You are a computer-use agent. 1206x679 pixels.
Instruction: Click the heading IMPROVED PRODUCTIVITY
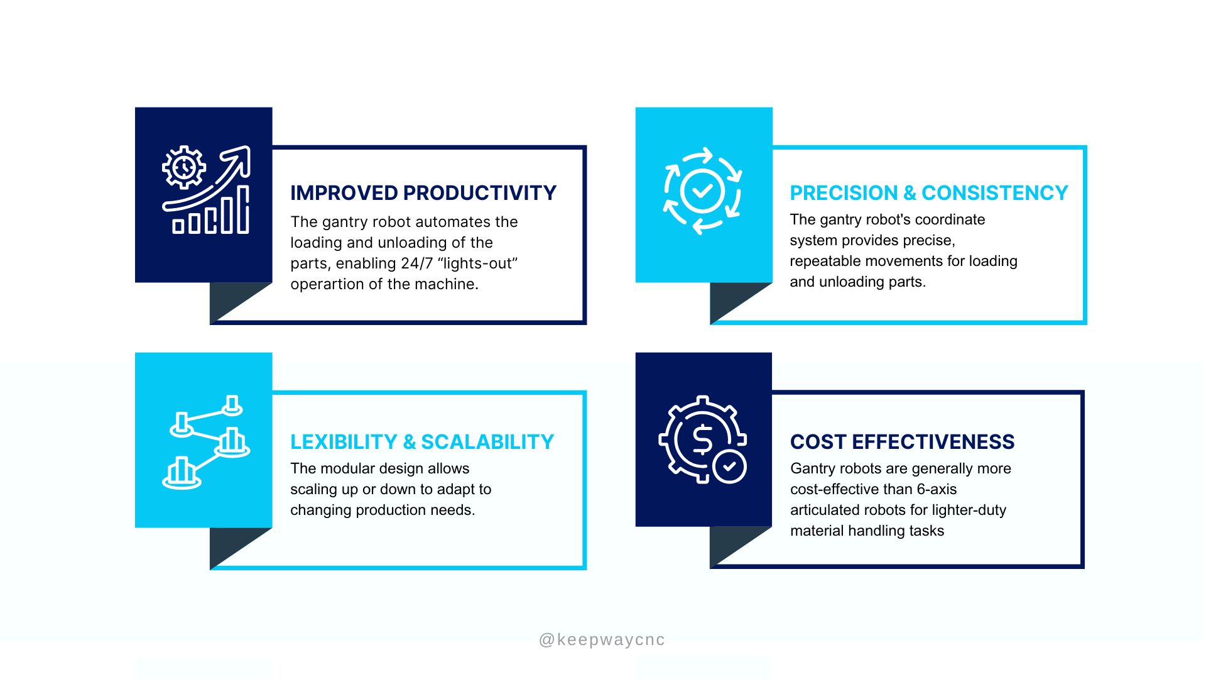(x=423, y=193)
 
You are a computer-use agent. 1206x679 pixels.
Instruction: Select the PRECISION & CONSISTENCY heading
(x=929, y=193)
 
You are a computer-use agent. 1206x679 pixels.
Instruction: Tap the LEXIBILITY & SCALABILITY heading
(x=422, y=442)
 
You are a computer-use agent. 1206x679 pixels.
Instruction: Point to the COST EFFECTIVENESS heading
(x=902, y=442)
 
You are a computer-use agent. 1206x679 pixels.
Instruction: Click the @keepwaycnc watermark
(x=602, y=640)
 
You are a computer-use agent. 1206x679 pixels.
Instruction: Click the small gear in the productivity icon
(x=184, y=167)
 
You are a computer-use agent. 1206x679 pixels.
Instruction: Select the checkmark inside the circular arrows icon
(x=702, y=190)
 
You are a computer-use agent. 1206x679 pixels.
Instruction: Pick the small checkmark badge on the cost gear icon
(x=729, y=466)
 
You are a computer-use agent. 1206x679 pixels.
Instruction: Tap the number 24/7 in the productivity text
(x=417, y=263)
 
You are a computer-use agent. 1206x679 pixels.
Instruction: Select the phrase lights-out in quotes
(x=478, y=263)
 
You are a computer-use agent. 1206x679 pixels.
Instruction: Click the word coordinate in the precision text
(x=954, y=219)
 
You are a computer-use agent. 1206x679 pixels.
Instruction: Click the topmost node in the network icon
(x=232, y=406)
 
